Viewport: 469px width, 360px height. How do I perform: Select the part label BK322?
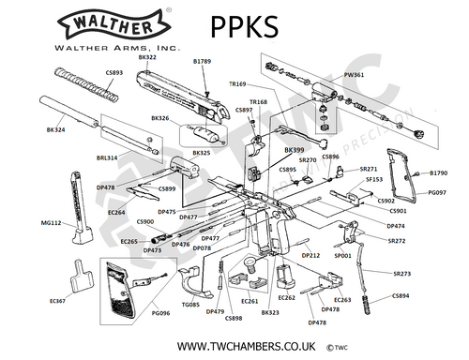coord(147,57)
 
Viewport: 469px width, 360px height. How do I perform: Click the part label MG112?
coord(52,223)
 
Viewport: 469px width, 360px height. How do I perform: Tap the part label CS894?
coord(401,296)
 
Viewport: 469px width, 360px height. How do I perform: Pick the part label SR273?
coord(401,274)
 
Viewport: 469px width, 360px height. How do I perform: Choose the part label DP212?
coord(310,255)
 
